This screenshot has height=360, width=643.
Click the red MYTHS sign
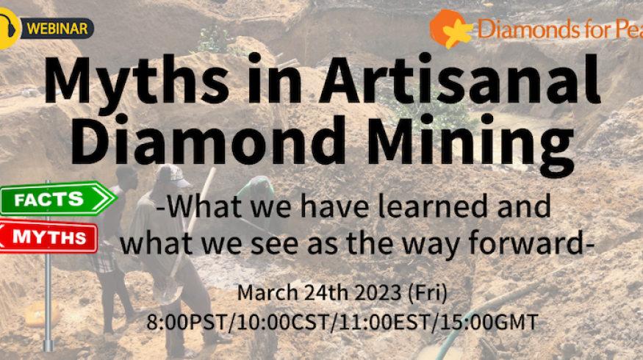[51, 237]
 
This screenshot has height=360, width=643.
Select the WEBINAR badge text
[58, 29]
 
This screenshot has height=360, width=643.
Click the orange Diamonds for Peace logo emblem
[450, 29]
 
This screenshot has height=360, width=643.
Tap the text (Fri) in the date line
[429, 293]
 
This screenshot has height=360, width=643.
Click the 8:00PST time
[181, 322]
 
